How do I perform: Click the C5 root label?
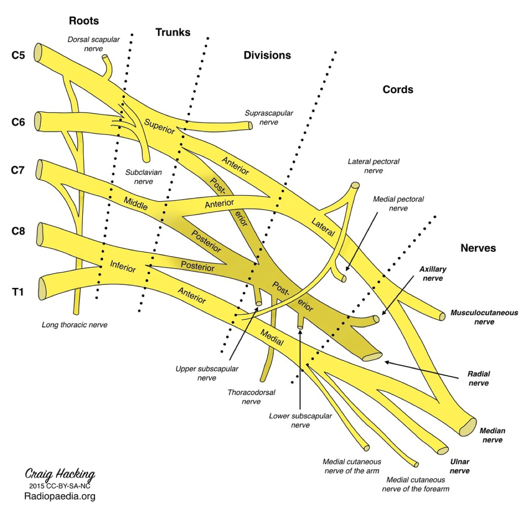pos(18,55)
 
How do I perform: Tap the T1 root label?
pos(18,292)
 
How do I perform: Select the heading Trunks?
pos(173,32)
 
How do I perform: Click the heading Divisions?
pos(267,55)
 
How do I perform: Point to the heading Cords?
pos(398,90)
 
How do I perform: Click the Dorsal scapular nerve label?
pos(93,44)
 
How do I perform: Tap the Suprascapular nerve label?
pos(269,117)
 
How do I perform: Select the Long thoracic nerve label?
pos(74,325)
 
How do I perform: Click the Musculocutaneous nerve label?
pos(484,317)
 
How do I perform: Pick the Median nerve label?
pos(492,435)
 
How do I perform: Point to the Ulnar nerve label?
pos(459,466)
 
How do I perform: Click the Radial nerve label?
pos(478,378)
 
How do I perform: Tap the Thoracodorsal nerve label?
pos(251,397)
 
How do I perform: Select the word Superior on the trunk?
pos(159,126)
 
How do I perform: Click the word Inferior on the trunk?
pos(123,266)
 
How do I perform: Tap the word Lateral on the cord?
pos(323,227)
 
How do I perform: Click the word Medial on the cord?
pos(272,337)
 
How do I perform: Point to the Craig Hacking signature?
pos(60,474)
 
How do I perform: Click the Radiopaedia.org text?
pos(60,496)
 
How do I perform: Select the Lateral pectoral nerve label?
pos(373,166)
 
